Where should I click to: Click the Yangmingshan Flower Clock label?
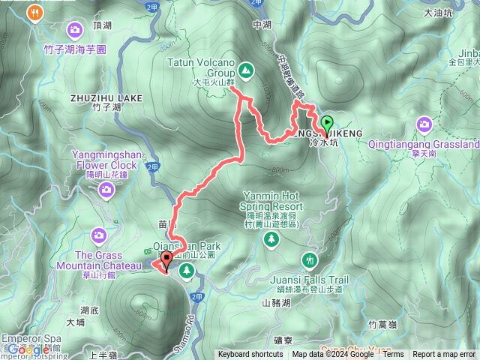[x=106, y=160]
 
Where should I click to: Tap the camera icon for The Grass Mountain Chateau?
[x=98, y=237]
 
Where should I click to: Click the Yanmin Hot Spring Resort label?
[x=271, y=199]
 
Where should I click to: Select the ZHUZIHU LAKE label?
[x=106, y=97]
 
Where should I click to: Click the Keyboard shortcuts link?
[x=251, y=355]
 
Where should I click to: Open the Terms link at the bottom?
[x=393, y=355]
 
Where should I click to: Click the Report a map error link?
[x=444, y=355]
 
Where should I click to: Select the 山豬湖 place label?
[x=275, y=303]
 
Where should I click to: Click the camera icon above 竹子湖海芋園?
[x=75, y=30]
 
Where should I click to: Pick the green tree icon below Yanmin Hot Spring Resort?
[x=271, y=239]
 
